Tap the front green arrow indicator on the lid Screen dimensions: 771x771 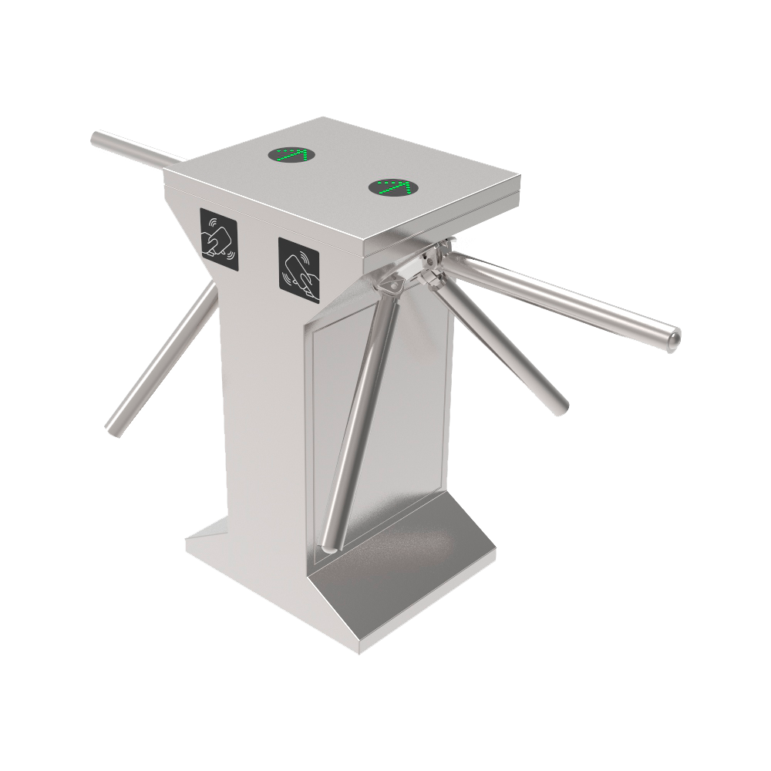point(393,187)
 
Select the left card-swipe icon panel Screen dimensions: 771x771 point(220,238)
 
